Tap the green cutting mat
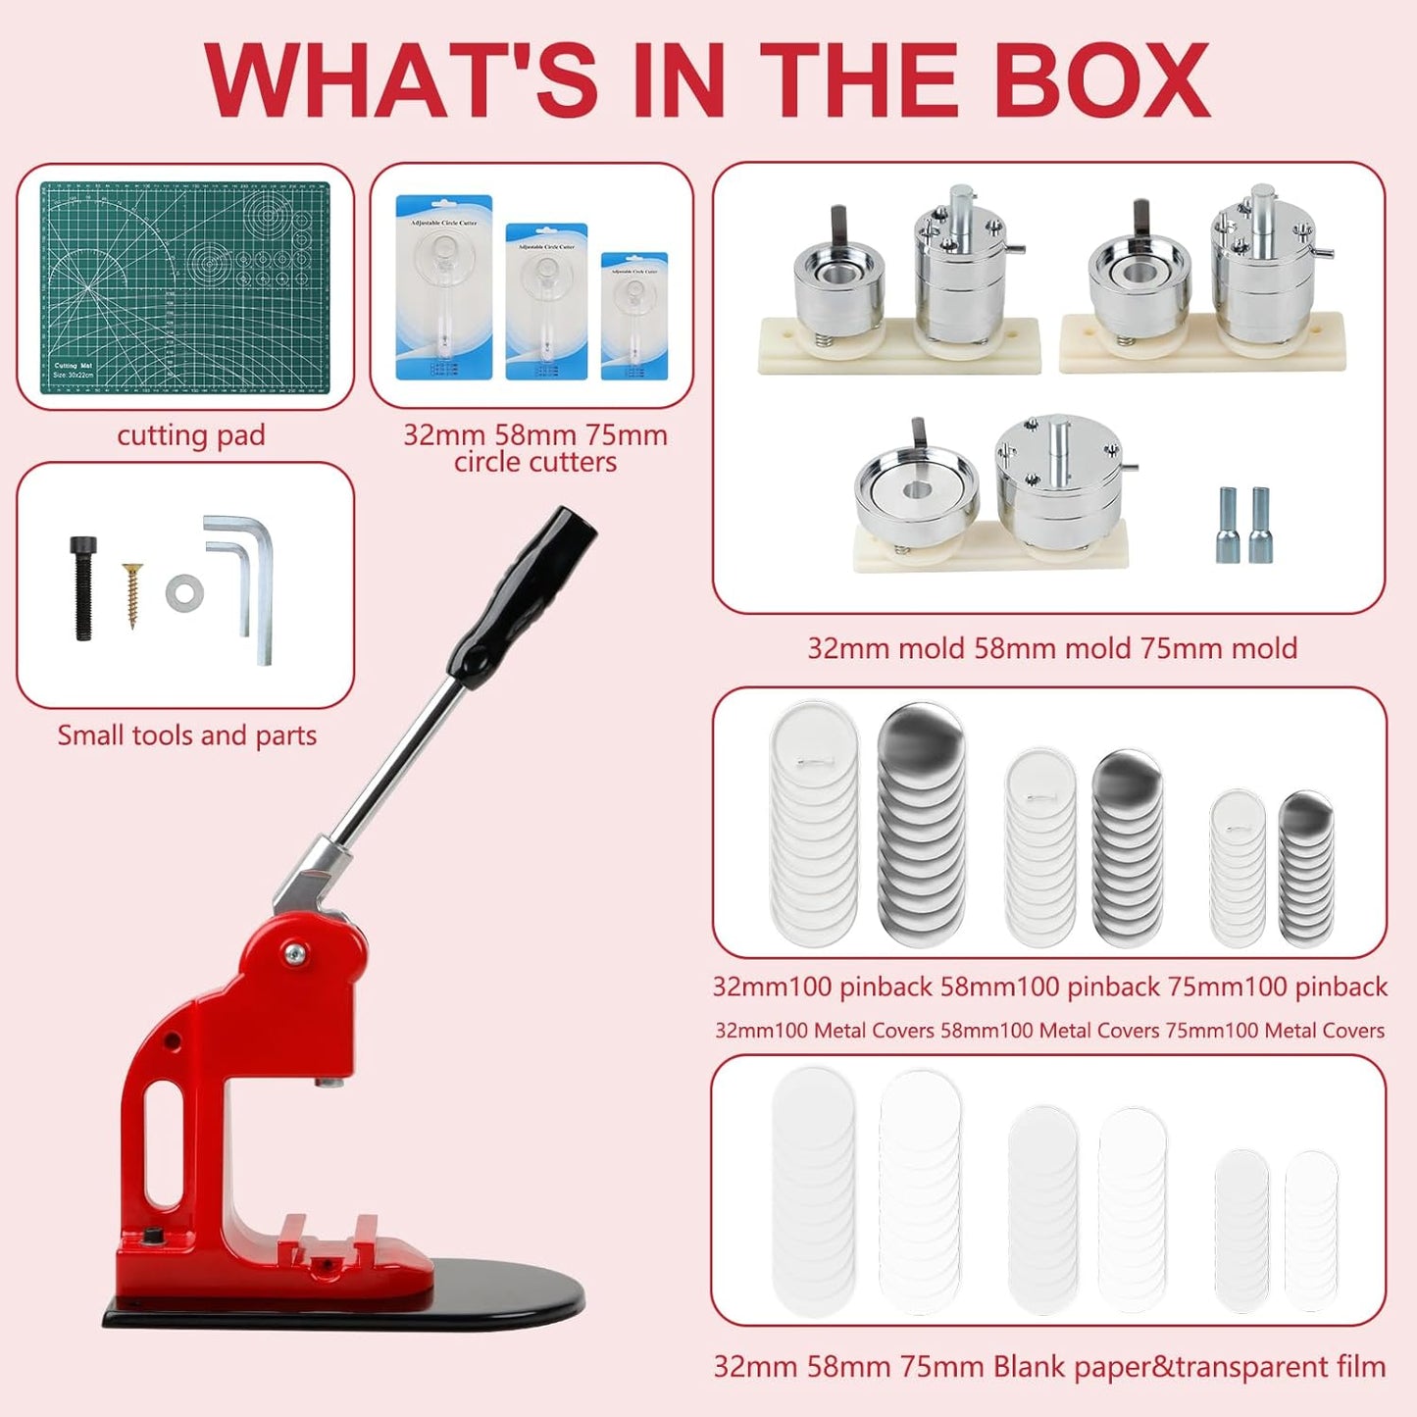(184, 287)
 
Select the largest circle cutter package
(443, 286)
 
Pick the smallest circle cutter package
(633, 316)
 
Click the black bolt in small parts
(83, 588)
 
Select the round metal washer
(184, 593)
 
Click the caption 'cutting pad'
(191, 435)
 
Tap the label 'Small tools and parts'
(186, 735)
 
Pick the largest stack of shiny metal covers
(920, 824)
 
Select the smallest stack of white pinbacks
(1238, 868)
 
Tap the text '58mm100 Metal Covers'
(1049, 1031)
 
